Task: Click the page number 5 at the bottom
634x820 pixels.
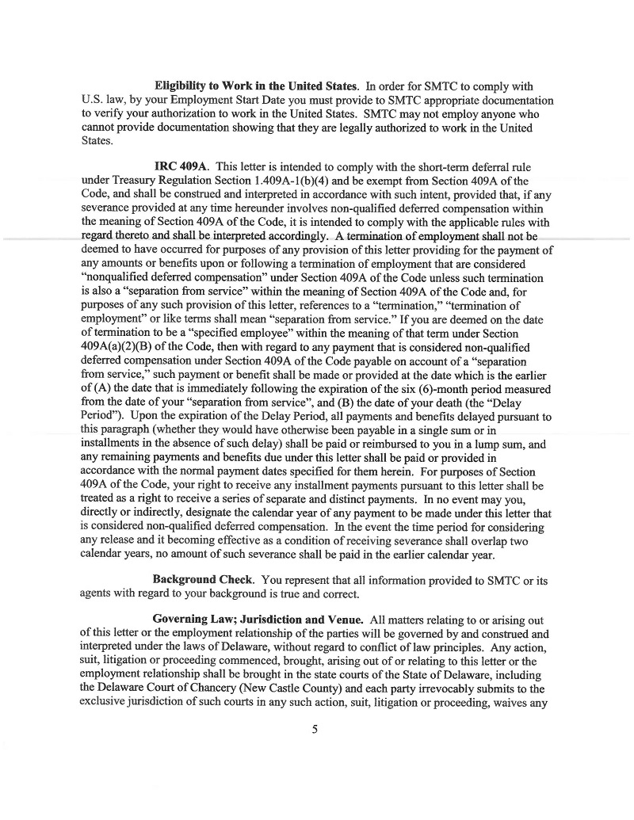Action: pyautogui.click(x=315, y=730)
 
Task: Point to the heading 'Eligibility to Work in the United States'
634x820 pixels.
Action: pyautogui.click(x=257, y=86)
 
